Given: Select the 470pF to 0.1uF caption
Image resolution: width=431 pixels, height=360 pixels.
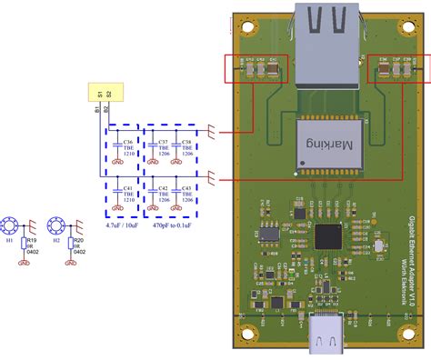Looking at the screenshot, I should (x=174, y=222).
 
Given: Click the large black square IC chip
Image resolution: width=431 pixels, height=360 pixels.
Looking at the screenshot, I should (x=329, y=235).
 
